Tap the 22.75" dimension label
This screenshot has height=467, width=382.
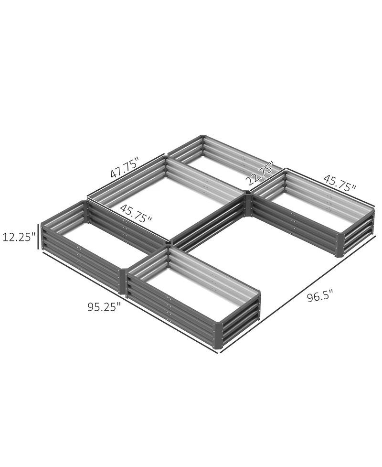coord(260,175)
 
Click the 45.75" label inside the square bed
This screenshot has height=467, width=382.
coord(136,213)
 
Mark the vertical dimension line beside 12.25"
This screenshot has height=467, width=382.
coord(38,236)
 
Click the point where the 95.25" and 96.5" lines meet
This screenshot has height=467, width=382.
coord(219,353)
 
